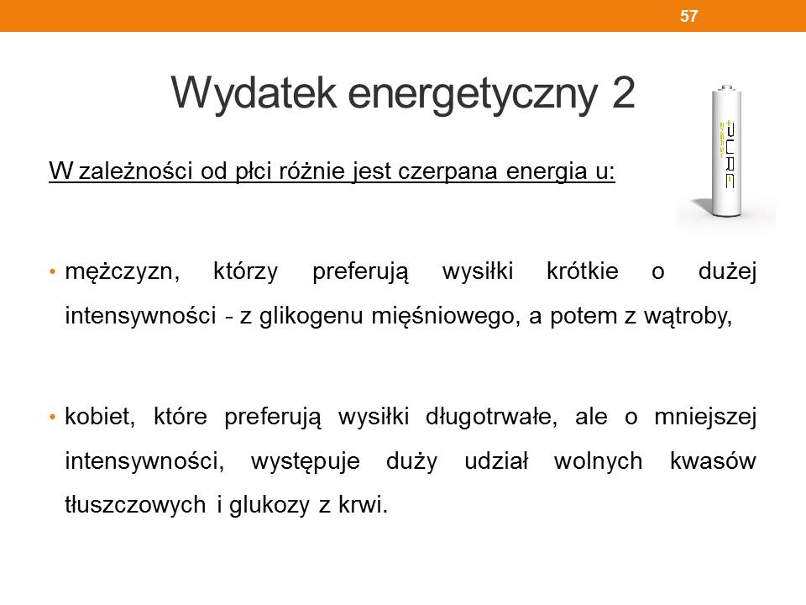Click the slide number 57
[x=688, y=16]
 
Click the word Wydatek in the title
[x=254, y=92]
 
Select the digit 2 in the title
[x=623, y=92]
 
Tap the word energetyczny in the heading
[x=473, y=95]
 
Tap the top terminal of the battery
[x=725, y=87]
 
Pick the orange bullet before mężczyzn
[x=52, y=271]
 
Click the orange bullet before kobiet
[x=52, y=417]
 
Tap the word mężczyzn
[x=122, y=272]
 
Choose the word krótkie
[x=583, y=271]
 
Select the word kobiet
[x=100, y=416]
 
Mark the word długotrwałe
[x=491, y=417]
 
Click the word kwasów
[x=713, y=460]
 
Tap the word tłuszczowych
[x=135, y=505]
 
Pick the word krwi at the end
[x=363, y=504]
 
